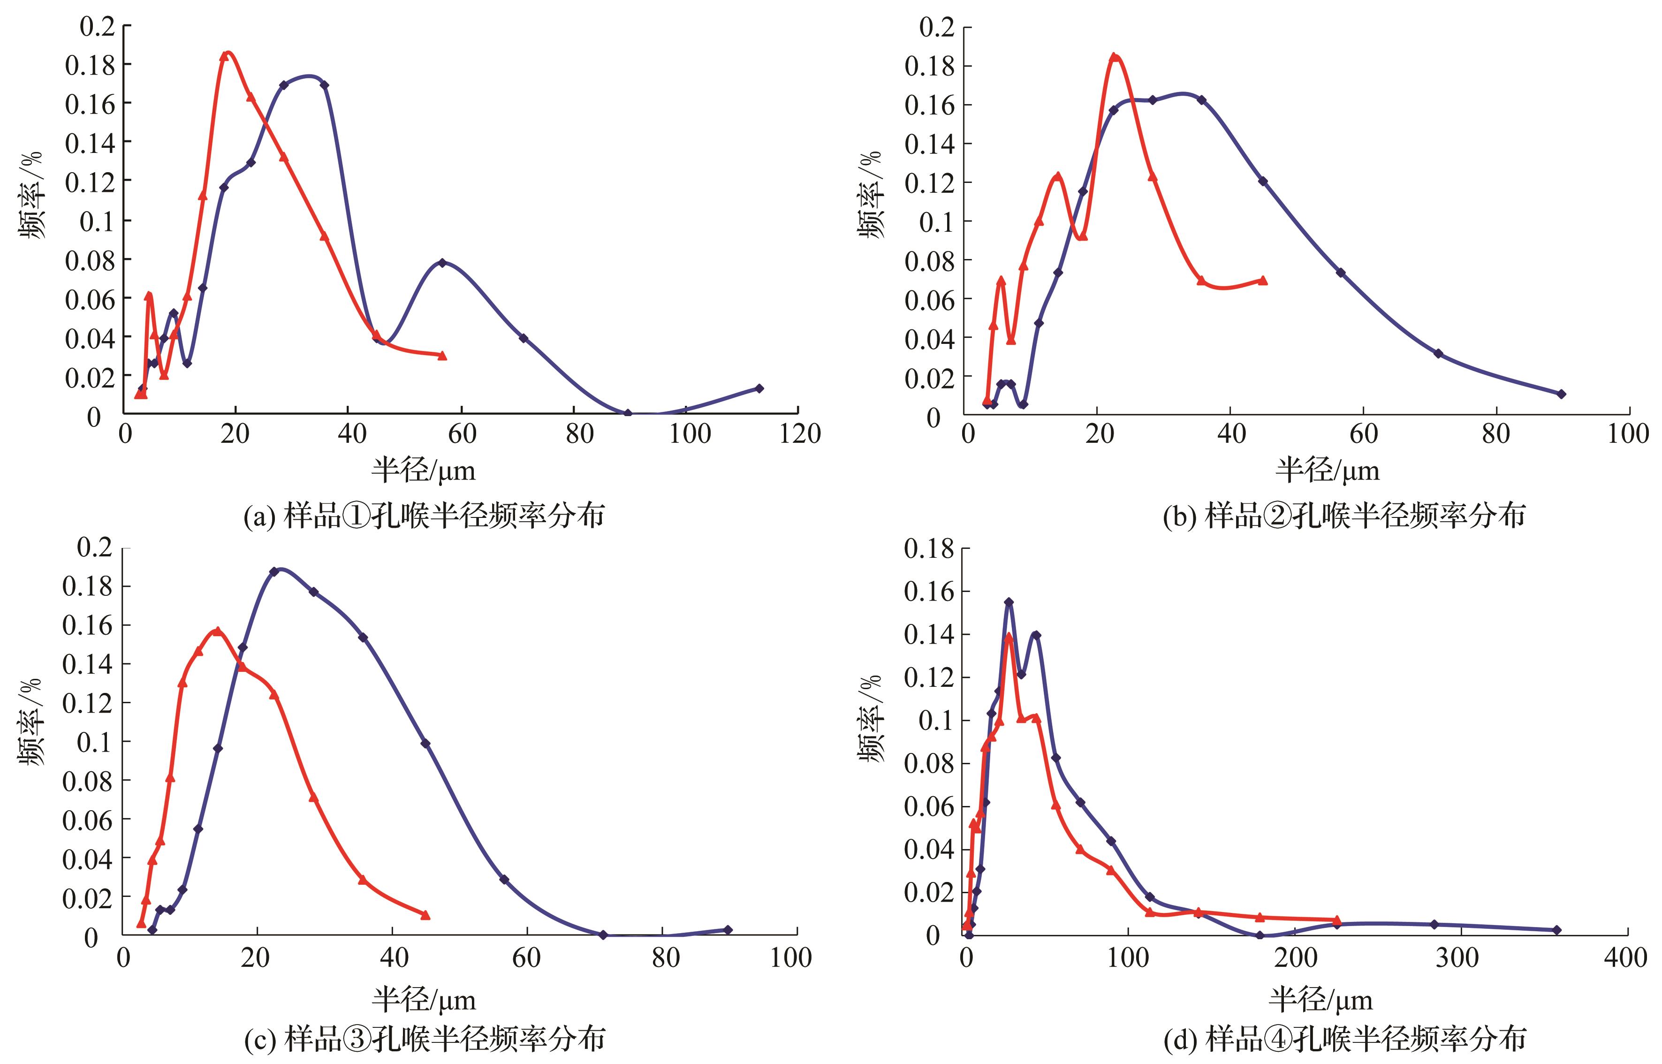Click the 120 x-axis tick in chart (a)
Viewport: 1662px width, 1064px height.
click(799, 434)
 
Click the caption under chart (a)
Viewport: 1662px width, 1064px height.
click(424, 516)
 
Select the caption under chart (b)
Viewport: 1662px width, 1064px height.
click(1344, 516)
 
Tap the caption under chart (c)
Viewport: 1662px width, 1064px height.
click(424, 1039)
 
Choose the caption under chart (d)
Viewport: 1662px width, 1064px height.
click(1344, 1039)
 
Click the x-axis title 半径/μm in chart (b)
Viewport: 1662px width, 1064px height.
click(1327, 471)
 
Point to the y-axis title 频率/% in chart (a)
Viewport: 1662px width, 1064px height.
click(31, 196)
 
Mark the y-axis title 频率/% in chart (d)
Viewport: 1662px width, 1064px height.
click(871, 719)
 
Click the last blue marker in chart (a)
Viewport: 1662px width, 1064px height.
click(759, 388)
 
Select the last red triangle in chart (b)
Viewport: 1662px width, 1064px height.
click(1263, 281)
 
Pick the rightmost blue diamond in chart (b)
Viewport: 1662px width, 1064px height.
click(1561, 394)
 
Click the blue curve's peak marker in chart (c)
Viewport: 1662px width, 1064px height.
click(274, 571)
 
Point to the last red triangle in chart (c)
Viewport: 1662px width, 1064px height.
click(425, 915)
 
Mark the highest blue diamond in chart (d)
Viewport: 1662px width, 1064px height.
click(1009, 602)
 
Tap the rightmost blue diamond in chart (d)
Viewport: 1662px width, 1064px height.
click(1570, 930)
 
